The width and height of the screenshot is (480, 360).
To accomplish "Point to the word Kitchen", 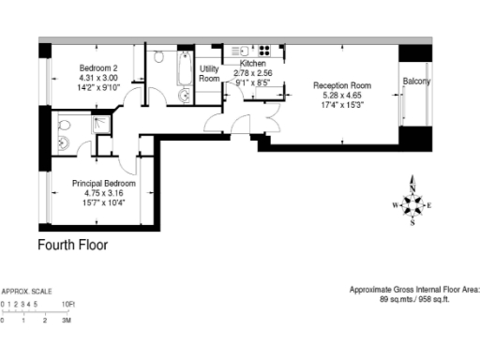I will click(253, 64).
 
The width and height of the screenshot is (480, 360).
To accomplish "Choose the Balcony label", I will click(417, 82).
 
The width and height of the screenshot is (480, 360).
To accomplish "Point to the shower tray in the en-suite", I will click(96, 125).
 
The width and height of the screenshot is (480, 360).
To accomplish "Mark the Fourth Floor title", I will click(72, 246).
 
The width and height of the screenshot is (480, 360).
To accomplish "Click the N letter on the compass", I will click(412, 183).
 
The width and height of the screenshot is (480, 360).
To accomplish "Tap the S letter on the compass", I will click(412, 223).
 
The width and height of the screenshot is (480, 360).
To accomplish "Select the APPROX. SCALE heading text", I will click(27, 292).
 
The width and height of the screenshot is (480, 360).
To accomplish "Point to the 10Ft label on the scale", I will click(67, 305).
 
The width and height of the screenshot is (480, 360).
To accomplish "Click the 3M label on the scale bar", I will click(67, 321).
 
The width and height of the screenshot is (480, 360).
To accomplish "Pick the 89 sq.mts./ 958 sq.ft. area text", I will click(414, 300).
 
